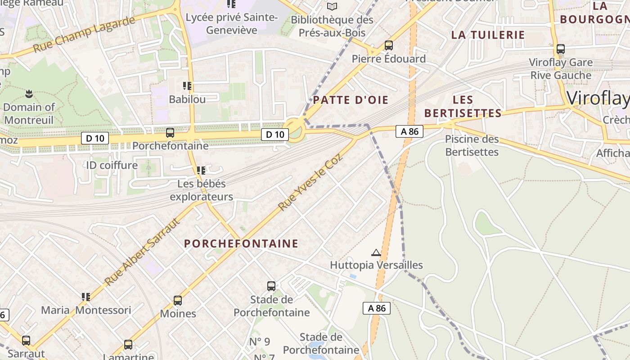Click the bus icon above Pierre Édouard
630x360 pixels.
[389, 45]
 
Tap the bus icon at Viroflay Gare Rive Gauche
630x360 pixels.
[561, 49]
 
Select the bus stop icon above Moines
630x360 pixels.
[178, 301]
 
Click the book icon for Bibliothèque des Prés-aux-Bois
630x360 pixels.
[332, 7]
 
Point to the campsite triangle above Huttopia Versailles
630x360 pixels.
[376, 253]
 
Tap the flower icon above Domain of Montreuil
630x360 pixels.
[29, 94]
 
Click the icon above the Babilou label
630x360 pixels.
[187, 86]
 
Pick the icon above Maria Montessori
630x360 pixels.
[86, 297]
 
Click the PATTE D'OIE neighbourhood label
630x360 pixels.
[351, 100]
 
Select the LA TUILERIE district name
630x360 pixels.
[488, 35]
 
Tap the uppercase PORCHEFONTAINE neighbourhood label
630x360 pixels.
[241, 243]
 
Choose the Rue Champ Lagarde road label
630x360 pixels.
[84, 34]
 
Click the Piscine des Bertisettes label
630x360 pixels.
[472, 145]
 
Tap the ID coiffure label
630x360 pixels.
[112, 165]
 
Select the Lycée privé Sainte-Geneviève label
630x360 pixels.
[232, 24]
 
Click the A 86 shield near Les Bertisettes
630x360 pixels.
[409, 131]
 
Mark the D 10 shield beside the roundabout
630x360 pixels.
[275, 134]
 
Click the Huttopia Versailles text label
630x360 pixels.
[377, 265]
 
